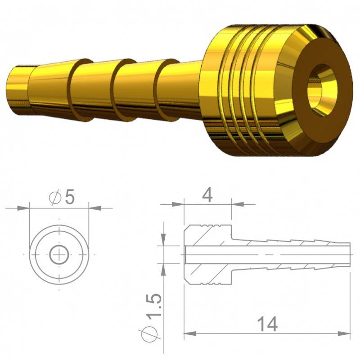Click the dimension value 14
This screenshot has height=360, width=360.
(267, 323)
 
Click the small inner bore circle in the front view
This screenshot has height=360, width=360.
(58, 255)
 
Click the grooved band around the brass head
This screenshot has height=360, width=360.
(243, 90)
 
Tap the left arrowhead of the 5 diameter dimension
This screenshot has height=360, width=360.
(23, 208)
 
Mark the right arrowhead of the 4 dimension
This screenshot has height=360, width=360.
(237, 204)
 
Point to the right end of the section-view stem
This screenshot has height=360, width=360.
(349, 254)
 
